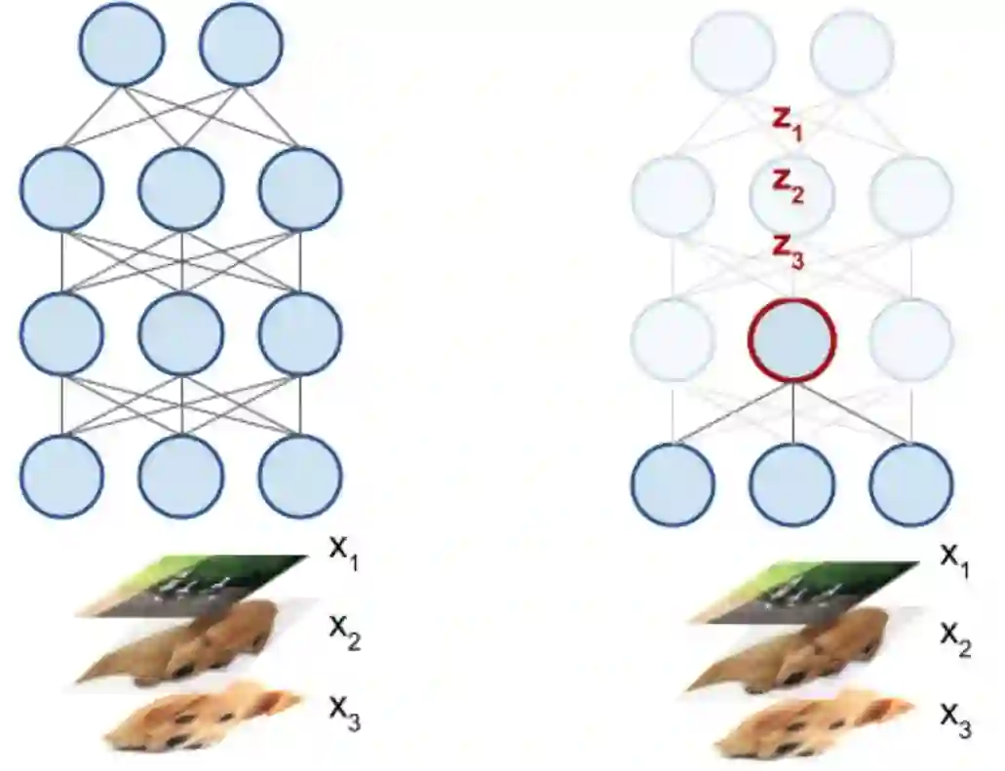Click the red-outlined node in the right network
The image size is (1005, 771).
[792, 338]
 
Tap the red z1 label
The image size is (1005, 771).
[788, 123]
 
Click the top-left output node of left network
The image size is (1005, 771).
[122, 43]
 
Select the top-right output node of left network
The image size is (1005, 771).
[242, 43]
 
